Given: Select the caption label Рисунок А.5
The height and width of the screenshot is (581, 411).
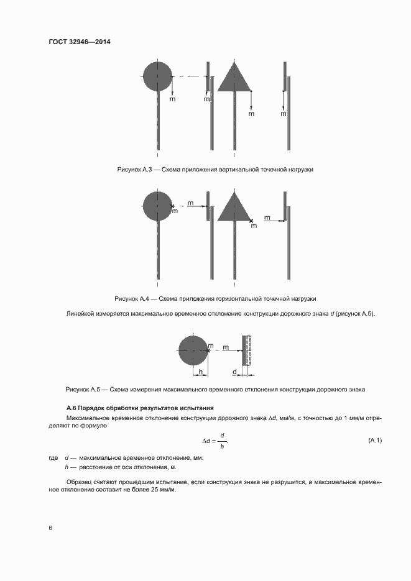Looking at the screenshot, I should (83, 389).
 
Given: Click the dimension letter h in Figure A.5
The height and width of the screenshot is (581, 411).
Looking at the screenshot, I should (200, 372).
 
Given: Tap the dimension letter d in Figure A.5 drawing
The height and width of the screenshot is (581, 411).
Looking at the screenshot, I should (234, 372).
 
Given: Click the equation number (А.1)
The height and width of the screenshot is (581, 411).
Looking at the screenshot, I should (375, 441).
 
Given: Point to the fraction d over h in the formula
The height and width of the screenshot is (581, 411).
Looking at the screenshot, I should (222, 441).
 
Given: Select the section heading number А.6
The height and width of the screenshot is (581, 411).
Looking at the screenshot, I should (71, 408).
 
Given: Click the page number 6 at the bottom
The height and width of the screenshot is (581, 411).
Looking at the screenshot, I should (50, 528).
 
